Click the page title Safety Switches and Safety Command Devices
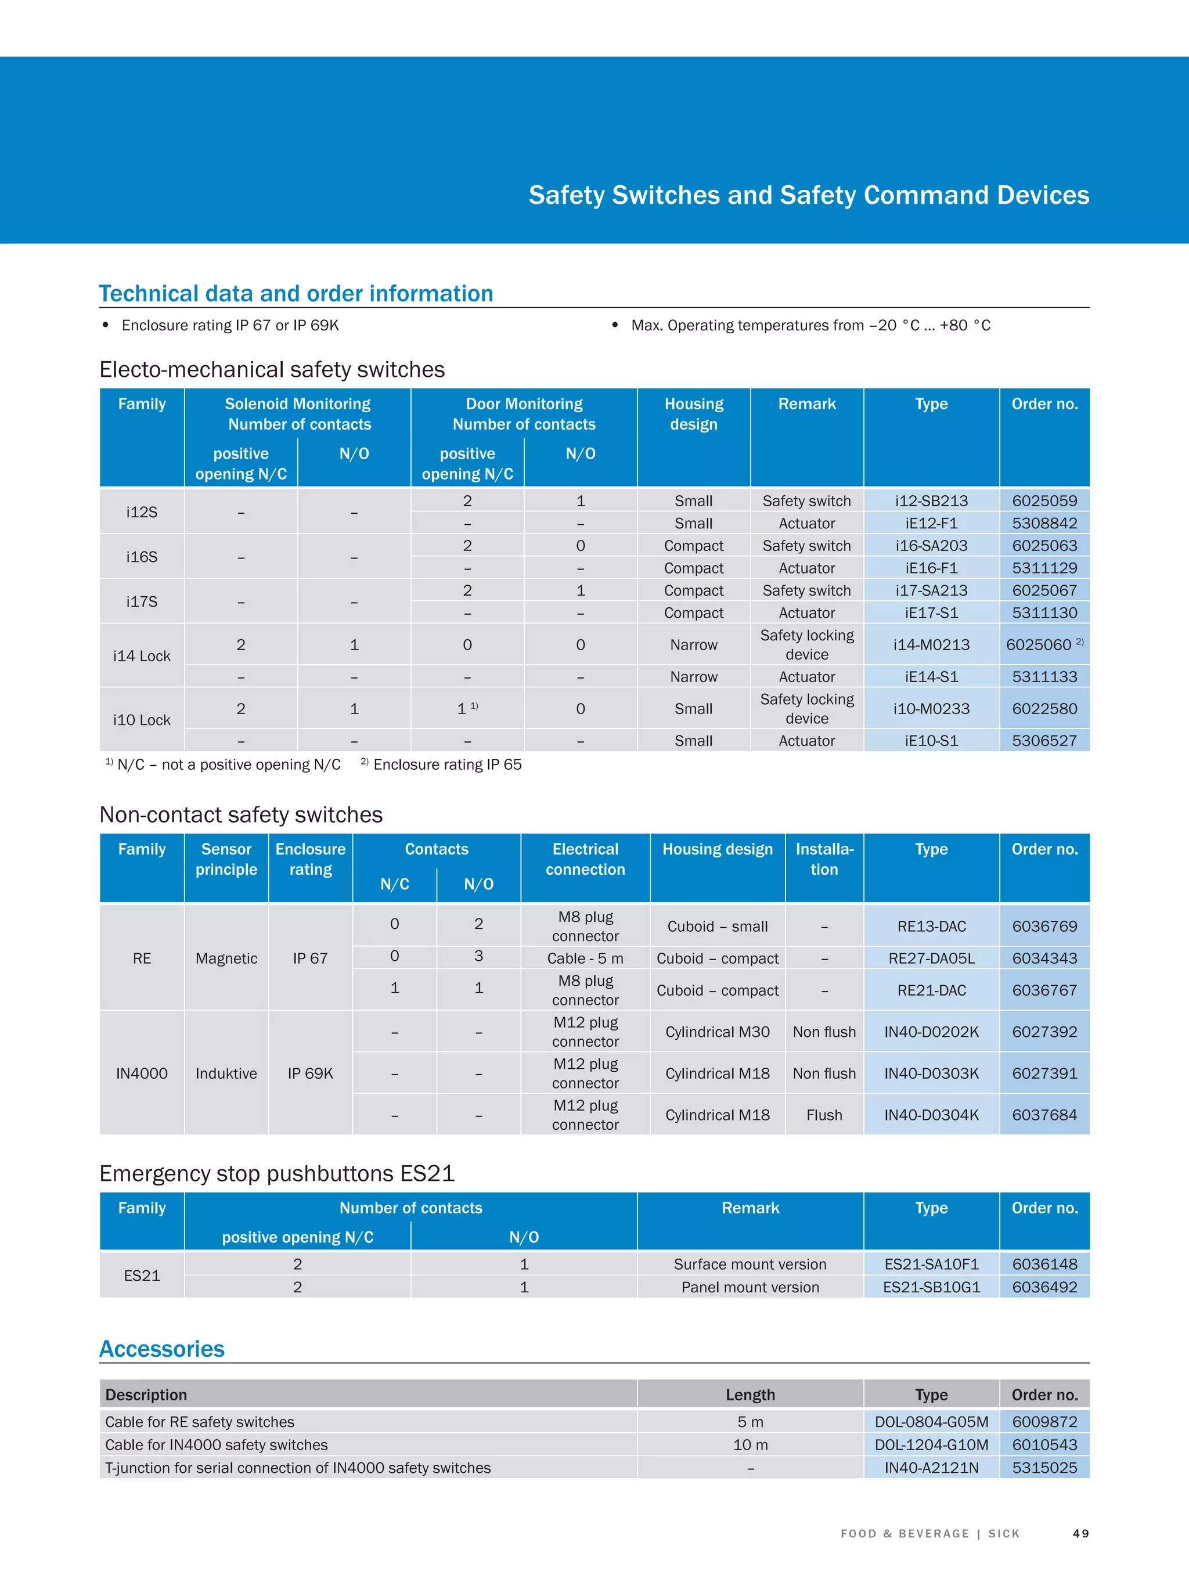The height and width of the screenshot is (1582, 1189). (x=808, y=195)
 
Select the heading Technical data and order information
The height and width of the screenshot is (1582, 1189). (x=296, y=293)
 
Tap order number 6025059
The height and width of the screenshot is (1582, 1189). (x=1044, y=500)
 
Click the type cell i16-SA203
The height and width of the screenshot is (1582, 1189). (x=931, y=546)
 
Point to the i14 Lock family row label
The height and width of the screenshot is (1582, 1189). (x=142, y=656)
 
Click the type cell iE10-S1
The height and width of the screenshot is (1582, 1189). (x=931, y=741)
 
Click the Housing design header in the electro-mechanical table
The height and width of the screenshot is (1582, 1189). (x=693, y=414)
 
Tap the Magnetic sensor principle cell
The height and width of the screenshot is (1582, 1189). (x=226, y=958)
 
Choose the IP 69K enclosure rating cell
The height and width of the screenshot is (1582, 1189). (x=310, y=1073)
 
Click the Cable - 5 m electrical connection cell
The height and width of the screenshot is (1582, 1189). (x=585, y=958)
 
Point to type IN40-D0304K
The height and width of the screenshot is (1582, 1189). (x=931, y=1115)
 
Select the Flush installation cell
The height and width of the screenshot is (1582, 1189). (x=824, y=1115)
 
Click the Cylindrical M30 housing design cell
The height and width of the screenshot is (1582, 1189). (x=717, y=1032)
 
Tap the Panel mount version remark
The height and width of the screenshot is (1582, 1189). (x=750, y=1287)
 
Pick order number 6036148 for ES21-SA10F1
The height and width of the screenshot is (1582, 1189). (x=1044, y=1264)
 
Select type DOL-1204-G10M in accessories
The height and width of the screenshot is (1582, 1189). (x=931, y=1444)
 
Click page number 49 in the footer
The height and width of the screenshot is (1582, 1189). (x=1080, y=1533)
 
